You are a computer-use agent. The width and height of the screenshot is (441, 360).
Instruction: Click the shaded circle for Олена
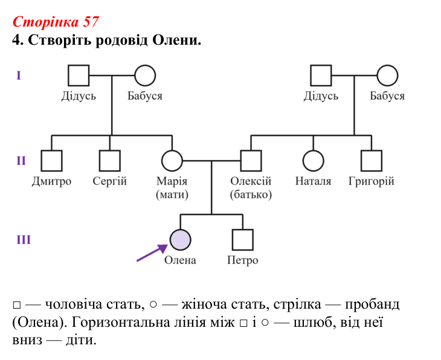[180, 240]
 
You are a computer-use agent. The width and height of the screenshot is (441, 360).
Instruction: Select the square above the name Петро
[243, 240]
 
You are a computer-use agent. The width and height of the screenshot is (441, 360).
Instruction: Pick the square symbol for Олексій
[251, 161]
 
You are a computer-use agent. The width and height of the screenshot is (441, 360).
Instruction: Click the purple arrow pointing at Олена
[152, 253]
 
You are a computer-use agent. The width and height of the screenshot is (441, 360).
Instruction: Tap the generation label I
[19, 76]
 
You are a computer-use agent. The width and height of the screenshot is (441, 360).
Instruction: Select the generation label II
[21, 161]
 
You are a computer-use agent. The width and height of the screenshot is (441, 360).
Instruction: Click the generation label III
[24, 240]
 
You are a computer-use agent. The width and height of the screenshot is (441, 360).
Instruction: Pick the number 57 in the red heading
[91, 22]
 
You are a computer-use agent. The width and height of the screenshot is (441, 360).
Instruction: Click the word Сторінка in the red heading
[45, 22]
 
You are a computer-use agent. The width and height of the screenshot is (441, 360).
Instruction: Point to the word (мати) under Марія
[172, 194]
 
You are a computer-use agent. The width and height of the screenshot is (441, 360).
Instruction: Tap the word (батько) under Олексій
[251, 194]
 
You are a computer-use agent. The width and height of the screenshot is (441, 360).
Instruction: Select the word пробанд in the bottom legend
[372, 305]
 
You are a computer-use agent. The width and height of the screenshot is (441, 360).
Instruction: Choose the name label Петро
[243, 260]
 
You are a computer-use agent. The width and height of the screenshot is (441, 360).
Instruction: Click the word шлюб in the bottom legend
[313, 323]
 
